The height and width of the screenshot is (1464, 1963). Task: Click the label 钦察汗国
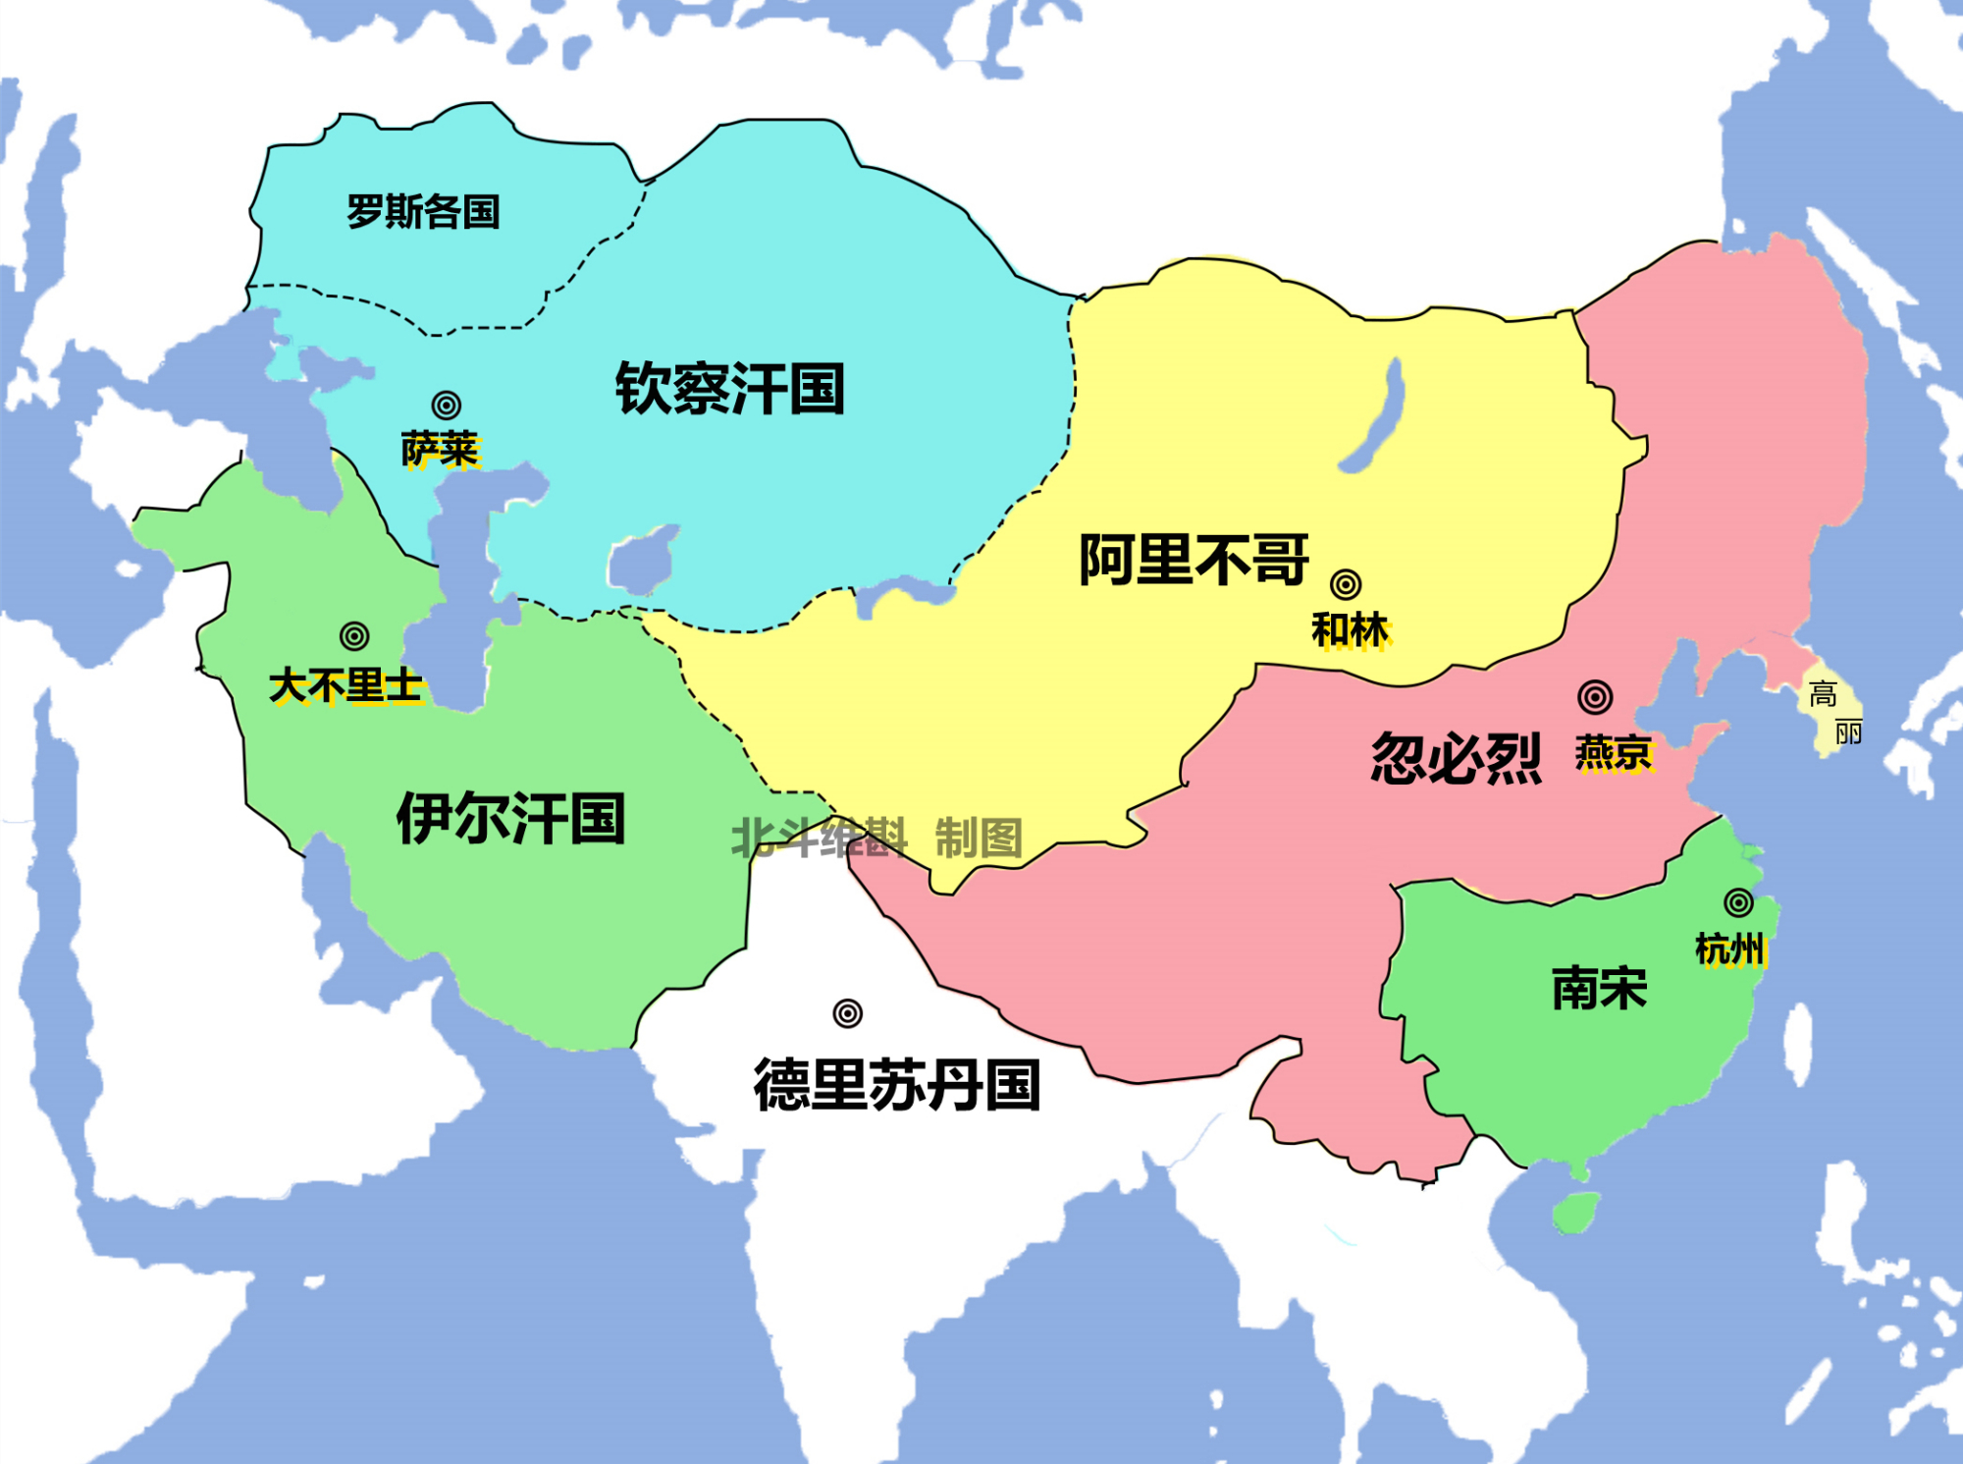(730, 389)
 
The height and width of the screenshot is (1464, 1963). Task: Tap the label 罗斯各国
(423, 211)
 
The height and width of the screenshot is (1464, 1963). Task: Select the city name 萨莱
(440, 450)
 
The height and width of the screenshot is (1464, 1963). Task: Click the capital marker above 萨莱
(447, 405)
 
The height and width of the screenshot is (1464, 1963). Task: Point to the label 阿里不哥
(1194, 560)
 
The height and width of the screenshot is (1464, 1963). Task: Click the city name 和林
(1351, 630)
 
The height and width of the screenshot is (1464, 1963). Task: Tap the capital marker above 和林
(1346, 584)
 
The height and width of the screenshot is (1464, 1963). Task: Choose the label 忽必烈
(1456, 758)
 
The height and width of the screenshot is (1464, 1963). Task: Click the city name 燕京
(1615, 753)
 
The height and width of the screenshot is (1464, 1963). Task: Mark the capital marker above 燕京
(1595, 697)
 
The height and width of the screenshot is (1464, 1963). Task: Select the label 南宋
(1599, 988)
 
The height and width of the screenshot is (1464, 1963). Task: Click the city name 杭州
(1730, 949)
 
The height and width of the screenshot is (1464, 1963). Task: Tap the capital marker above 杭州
(1738, 902)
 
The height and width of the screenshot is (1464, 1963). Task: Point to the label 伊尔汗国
(510, 818)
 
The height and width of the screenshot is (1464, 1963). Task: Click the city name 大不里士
(345, 685)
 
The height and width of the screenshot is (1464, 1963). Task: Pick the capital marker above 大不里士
(354, 636)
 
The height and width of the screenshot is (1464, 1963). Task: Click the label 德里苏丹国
(896, 1085)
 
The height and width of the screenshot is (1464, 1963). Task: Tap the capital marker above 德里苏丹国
(848, 1013)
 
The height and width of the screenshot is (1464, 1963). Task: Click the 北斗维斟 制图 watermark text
(876, 838)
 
